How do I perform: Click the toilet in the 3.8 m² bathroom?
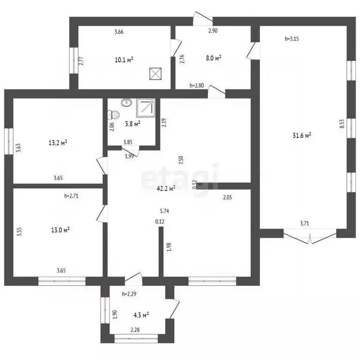(113, 114)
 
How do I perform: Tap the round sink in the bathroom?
(126, 102)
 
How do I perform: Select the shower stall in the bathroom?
(146, 108)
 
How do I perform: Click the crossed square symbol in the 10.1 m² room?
(156, 74)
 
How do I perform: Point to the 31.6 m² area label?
(302, 135)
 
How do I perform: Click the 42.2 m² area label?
(166, 188)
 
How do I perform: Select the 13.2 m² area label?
(58, 143)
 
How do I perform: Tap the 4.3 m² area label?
(141, 315)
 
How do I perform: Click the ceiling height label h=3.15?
(292, 39)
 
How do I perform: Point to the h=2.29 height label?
(129, 294)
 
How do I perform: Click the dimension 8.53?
(342, 123)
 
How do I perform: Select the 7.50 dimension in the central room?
(181, 160)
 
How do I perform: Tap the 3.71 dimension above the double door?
(304, 223)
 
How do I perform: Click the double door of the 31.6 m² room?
(310, 236)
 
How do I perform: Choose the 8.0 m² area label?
(214, 58)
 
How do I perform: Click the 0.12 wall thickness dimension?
(160, 222)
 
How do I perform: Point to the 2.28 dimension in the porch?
(135, 330)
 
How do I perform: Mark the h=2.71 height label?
(71, 196)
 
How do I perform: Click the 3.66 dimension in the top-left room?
(119, 32)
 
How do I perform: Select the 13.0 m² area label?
(60, 230)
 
